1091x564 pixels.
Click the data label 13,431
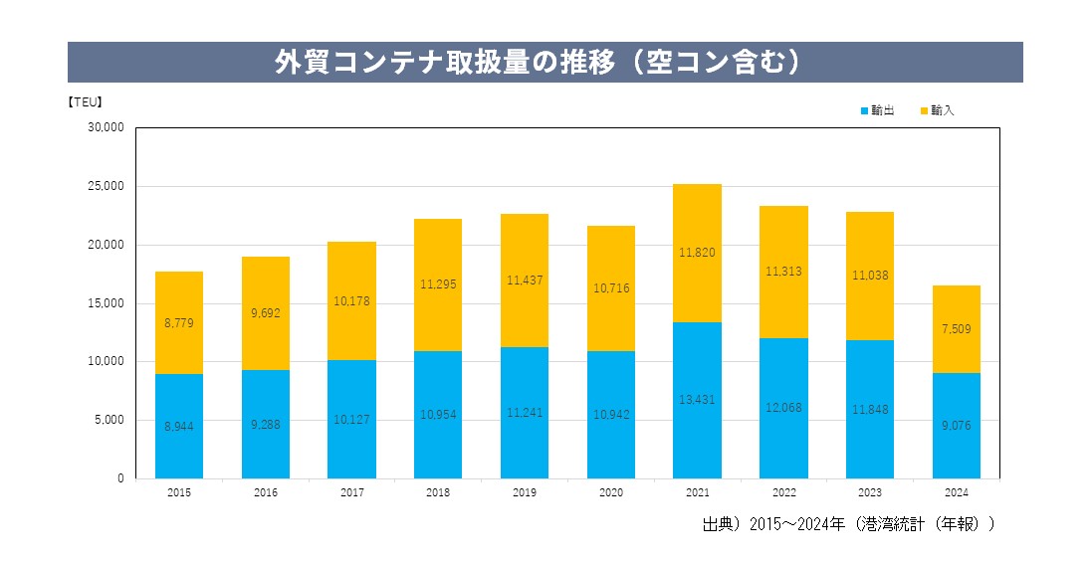[697, 400]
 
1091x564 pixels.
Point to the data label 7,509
[957, 329]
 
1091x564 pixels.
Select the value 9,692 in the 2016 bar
[266, 312]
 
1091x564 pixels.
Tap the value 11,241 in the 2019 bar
[525, 413]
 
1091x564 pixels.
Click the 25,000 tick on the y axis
[106, 186]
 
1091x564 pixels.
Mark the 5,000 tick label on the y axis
[109, 420]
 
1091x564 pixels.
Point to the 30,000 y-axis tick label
[106, 127]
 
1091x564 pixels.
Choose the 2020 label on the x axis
[611, 492]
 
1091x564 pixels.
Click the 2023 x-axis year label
[870, 492]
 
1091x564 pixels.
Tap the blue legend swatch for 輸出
[864, 110]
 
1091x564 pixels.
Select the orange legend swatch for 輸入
[924, 110]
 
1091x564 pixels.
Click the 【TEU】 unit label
[85, 100]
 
